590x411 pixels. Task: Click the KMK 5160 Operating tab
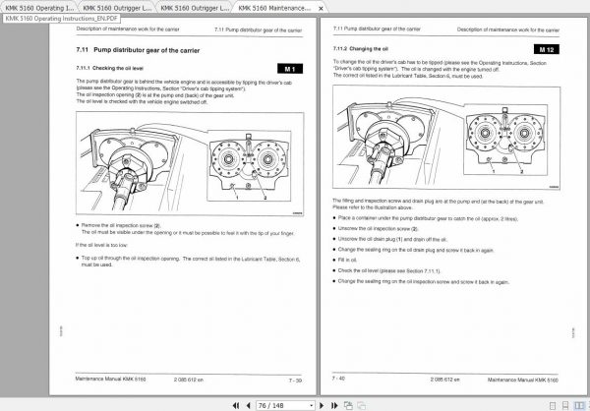tap(39, 7)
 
